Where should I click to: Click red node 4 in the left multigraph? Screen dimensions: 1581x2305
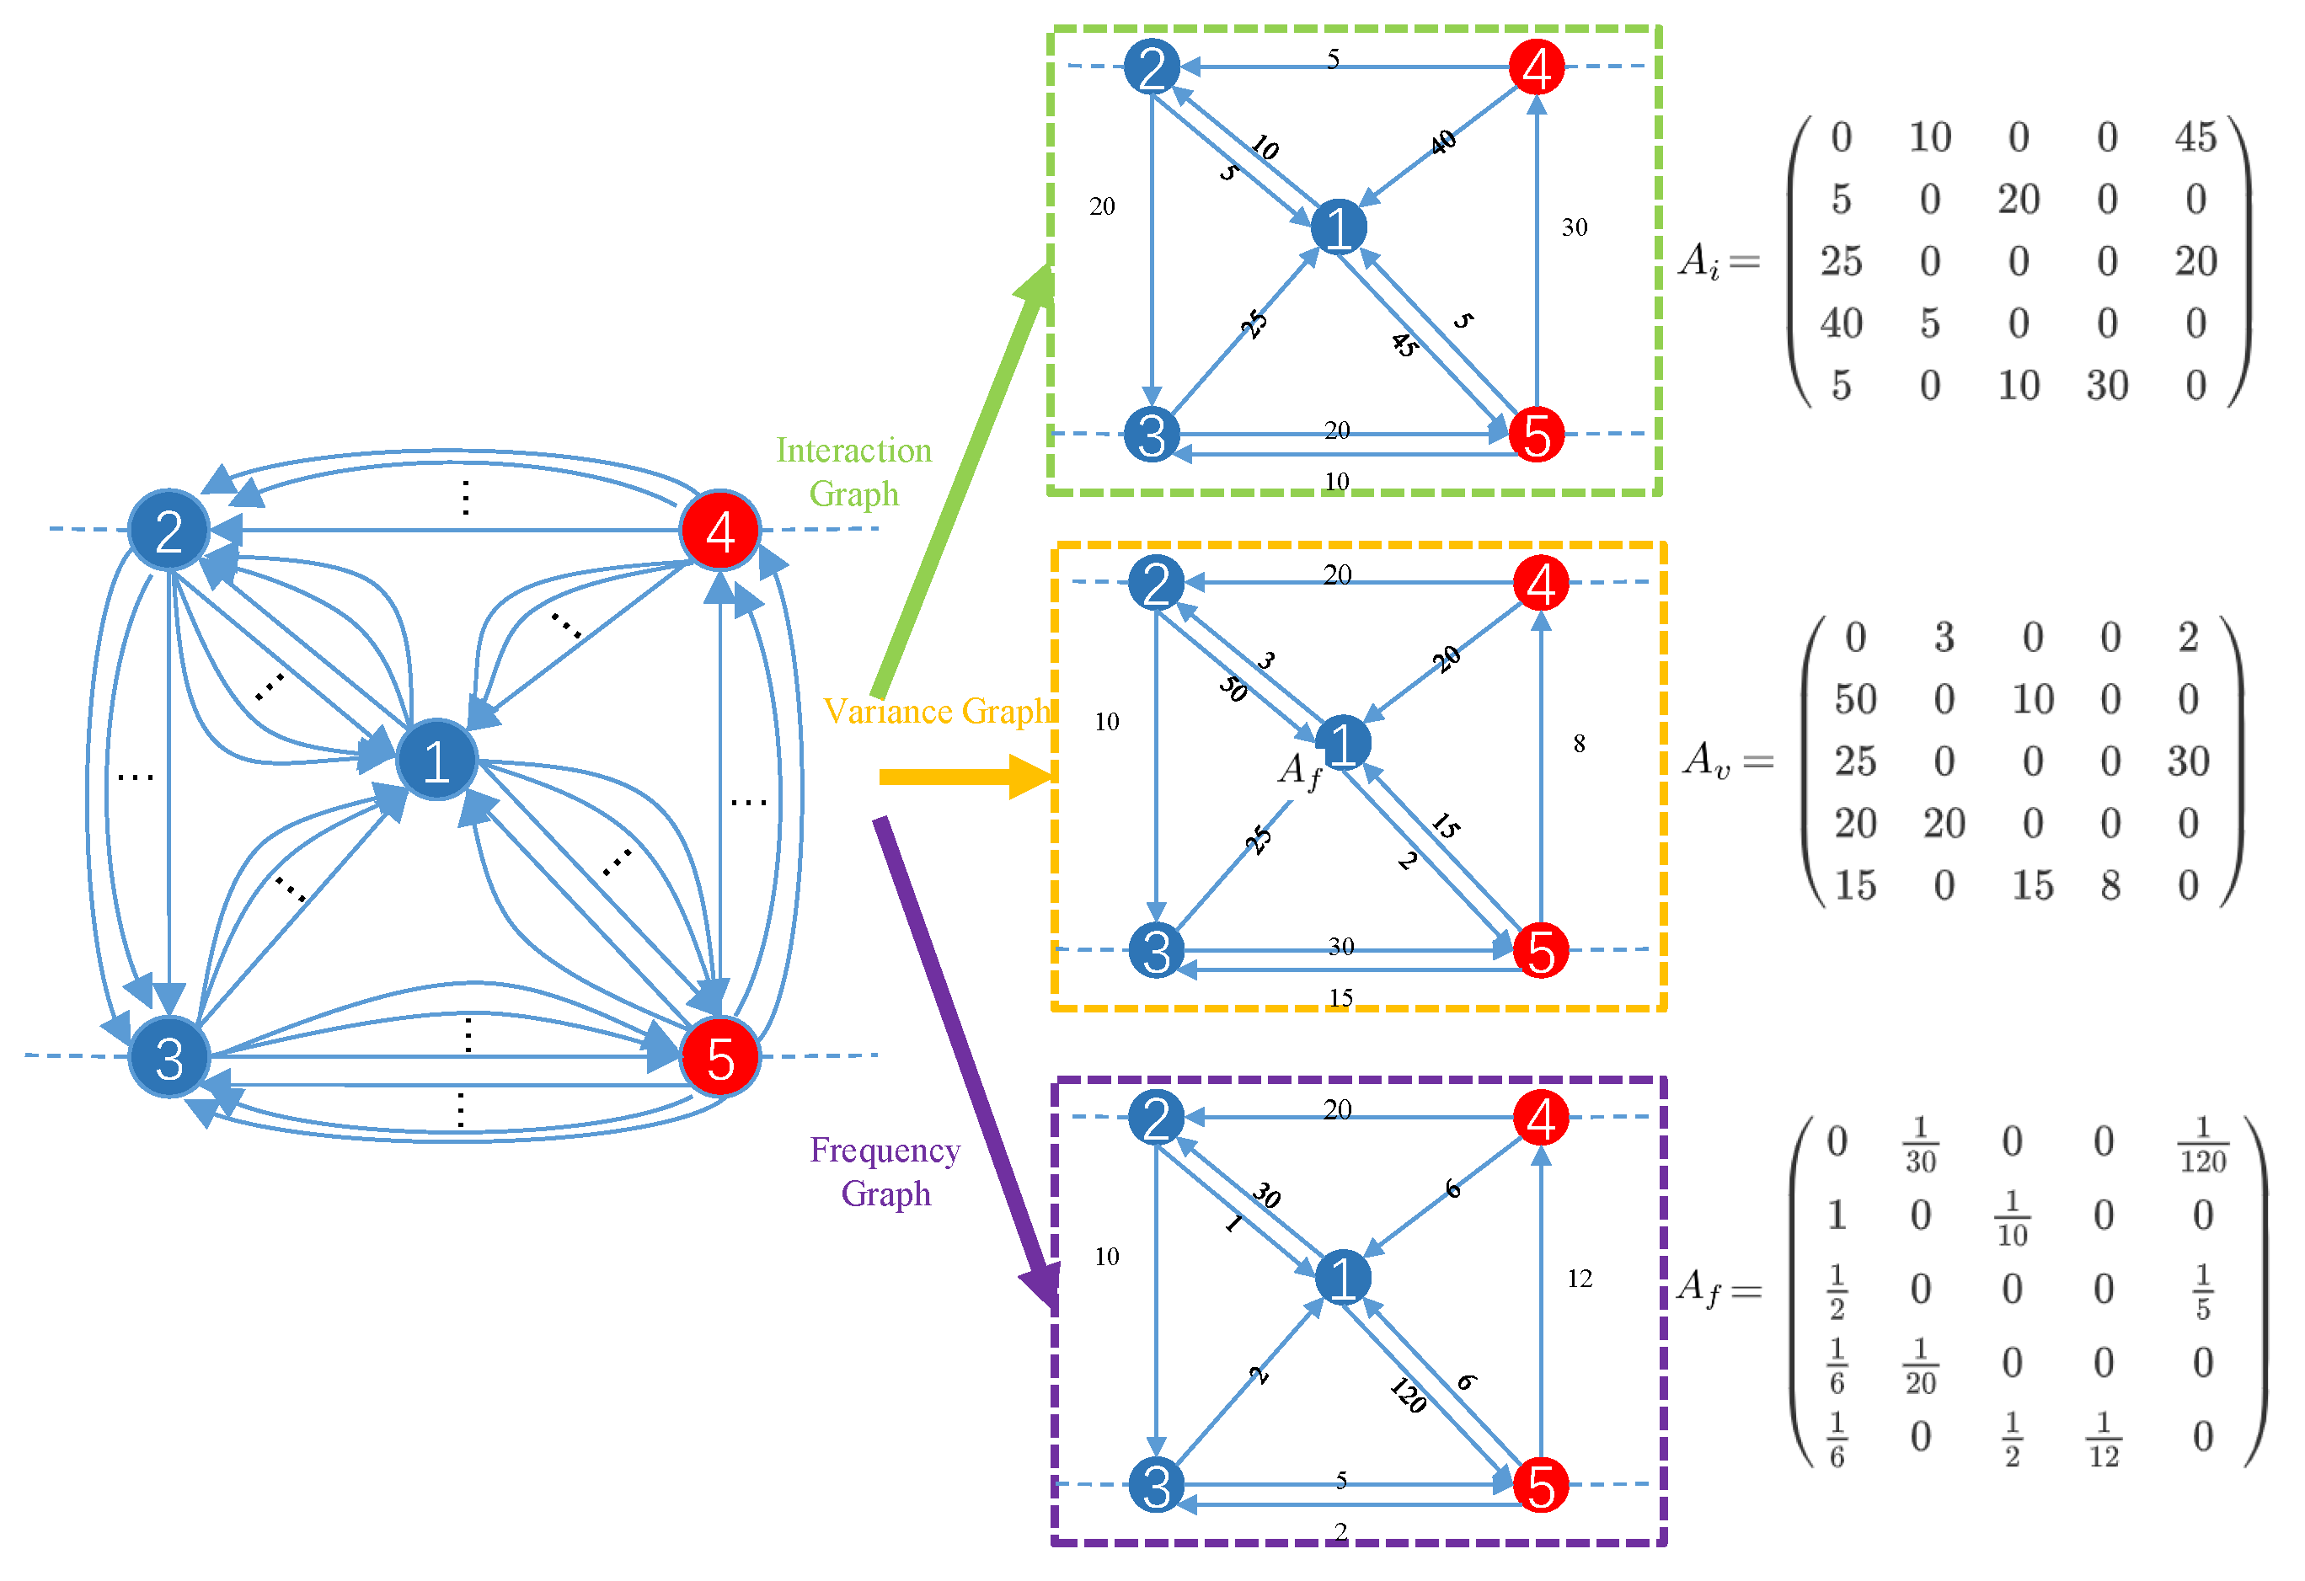(720, 531)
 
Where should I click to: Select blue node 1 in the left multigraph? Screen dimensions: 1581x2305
(436, 761)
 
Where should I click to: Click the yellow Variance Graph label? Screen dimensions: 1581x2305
(936, 711)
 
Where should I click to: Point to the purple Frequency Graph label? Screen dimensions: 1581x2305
(885, 1172)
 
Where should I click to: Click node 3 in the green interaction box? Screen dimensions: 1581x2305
(1152, 435)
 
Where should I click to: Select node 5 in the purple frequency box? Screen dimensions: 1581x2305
(1540, 1485)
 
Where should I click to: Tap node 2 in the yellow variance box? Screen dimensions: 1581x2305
(1156, 582)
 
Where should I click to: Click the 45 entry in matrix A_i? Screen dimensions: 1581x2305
(2195, 137)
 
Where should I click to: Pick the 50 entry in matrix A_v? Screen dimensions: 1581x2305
(1855, 699)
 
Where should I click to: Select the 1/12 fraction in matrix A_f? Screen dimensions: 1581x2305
(2103, 1440)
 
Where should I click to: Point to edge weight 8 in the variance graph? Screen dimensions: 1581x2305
(1579, 743)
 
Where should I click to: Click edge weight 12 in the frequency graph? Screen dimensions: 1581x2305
(1580, 1279)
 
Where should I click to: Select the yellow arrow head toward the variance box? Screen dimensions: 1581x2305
(1031, 777)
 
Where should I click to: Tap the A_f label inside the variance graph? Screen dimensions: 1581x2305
(1298, 771)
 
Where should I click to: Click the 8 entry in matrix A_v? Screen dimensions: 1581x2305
(2110, 884)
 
